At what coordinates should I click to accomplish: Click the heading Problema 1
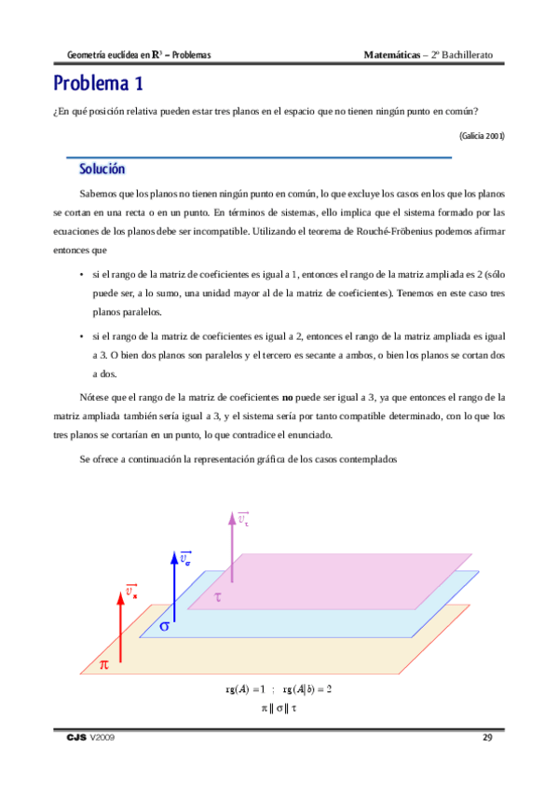click(98, 85)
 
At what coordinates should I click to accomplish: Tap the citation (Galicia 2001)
click(482, 135)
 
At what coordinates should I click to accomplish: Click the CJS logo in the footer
click(76, 738)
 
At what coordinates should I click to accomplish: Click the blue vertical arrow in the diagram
click(174, 586)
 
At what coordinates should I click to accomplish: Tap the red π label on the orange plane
click(104, 664)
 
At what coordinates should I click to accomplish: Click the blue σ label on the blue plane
click(165, 627)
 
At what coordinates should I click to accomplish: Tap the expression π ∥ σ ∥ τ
click(279, 708)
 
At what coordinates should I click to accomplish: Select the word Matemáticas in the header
click(391, 55)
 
